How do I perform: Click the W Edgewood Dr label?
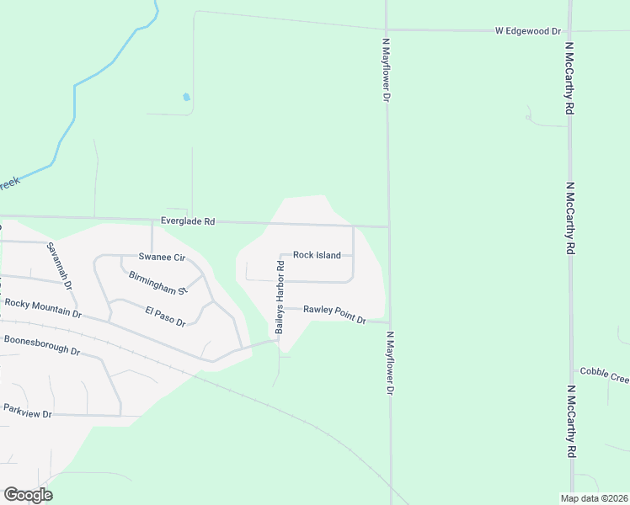pyautogui.click(x=527, y=31)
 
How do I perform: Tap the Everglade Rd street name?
pyautogui.click(x=189, y=222)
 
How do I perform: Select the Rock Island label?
pyautogui.click(x=317, y=255)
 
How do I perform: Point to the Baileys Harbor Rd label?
pyautogui.click(x=280, y=298)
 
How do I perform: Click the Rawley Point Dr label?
pyautogui.click(x=334, y=315)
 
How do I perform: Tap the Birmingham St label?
pyautogui.click(x=157, y=283)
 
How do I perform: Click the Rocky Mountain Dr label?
pyautogui.click(x=43, y=307)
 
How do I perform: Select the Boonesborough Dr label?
pyautogui.click(x=41, y=345)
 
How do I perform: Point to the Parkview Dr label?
pyautogui.click(x=28, y=412)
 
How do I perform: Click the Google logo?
pyautogui.click(x=28, y=494)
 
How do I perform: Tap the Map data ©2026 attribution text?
pyautogui.click(x=594, y=497)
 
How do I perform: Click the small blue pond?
pyautogui.click(x=186, y=97)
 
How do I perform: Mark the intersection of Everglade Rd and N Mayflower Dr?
pyautogui.click(x=388, y=226)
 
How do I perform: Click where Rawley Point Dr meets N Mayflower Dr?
pyautogui.click(x=388, y=322)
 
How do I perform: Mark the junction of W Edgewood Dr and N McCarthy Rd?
pyautogui.click(x=570, y=31)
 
